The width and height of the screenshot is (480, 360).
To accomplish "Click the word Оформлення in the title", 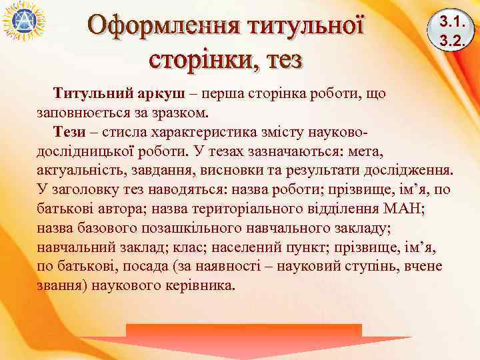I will (x=164, y=27).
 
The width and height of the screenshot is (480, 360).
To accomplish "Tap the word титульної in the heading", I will (x=306, y=27).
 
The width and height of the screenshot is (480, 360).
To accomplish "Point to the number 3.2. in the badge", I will (x=451, y=40).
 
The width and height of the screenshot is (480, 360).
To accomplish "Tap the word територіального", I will (x=261, y=208).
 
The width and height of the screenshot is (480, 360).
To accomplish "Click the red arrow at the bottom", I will (x=243, y=340).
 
